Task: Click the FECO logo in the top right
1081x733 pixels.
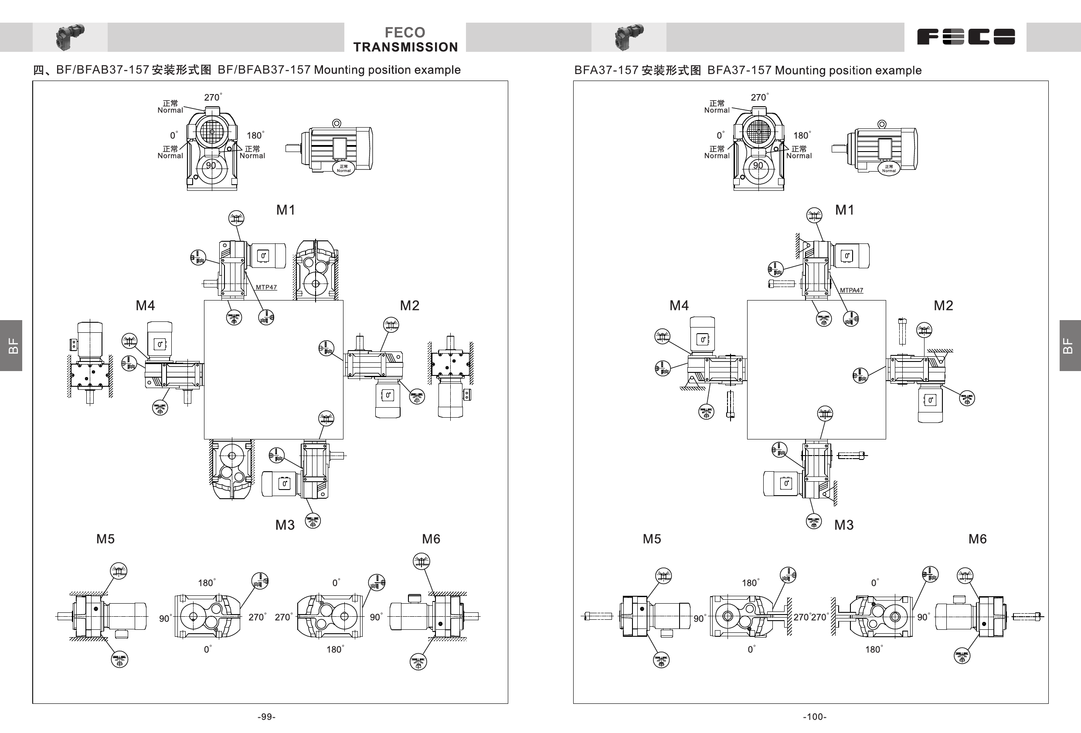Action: click(x=965, y=37)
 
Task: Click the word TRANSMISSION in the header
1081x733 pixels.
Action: click(x=405, y=47)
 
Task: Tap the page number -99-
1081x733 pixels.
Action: click(x=266, y=717)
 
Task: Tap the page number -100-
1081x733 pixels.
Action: click(x=815, y=717)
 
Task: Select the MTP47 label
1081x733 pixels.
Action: click(x=266, y=287)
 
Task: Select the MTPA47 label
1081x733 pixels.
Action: click(x=851, y=290)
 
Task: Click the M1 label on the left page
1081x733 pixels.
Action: click(x=286, y=210)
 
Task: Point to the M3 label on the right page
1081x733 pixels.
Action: click(x=844, y=525)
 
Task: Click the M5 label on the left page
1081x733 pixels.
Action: click(x=105, y=539)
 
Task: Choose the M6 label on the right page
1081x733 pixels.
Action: click(x=977, y=539)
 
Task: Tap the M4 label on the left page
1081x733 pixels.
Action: click(x=145, y=305)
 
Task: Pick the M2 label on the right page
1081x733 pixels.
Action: click(x=943, y=305)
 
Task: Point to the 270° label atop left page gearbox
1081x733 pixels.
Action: click(x=213, y=97)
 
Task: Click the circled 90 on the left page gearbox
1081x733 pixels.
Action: click(x=211, y=166)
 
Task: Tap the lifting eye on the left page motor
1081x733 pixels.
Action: click(x=337, y=123)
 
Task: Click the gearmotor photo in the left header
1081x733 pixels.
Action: click(x=70, y=37)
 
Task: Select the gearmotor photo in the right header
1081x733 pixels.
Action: click(x=629, y=37)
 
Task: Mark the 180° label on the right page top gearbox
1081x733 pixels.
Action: click(x=802, y=135)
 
